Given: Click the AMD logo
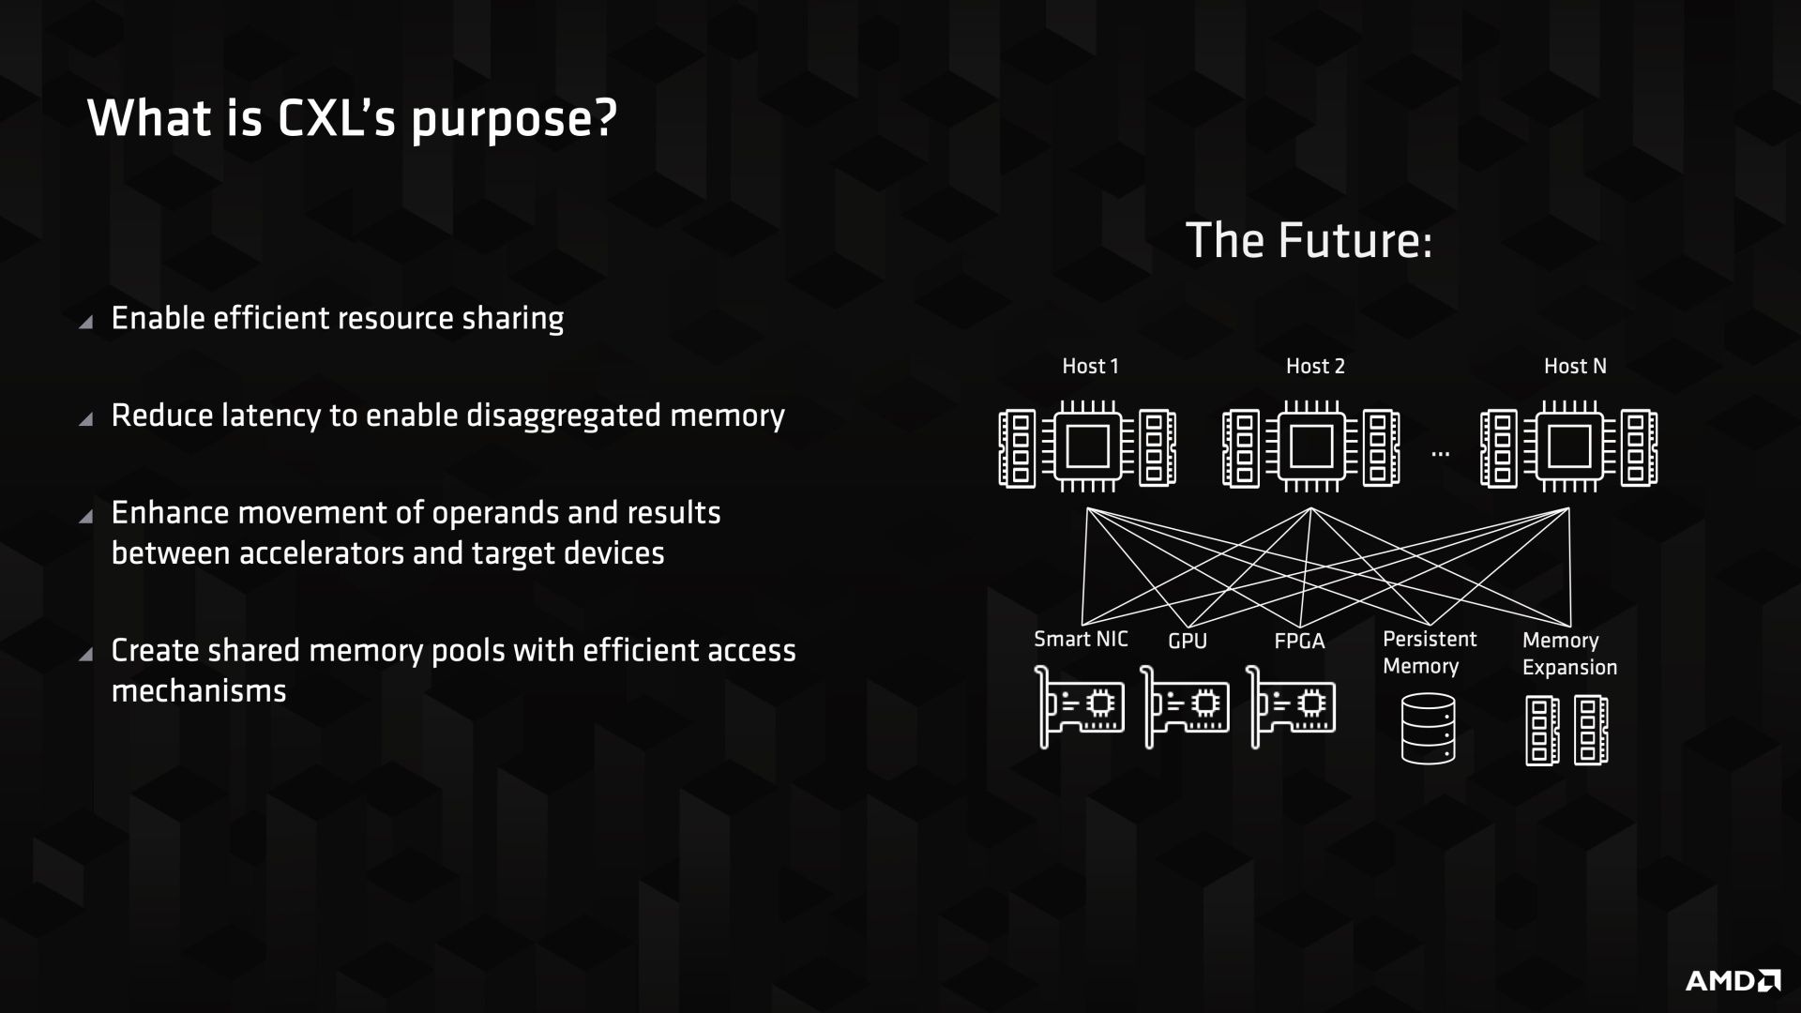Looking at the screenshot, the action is point(1733,980).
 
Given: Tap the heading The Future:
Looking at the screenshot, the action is point(1309,240).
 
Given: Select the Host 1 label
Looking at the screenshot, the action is point(1090,366).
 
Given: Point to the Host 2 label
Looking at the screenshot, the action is point(1315,366).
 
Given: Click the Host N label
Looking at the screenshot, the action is point(1575,366).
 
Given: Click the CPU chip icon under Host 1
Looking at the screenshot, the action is point(1088,446).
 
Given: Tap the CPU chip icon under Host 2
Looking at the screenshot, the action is point(1311,446).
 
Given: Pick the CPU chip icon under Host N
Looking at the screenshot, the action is point(1569,446).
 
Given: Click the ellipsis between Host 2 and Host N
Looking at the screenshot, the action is point(1441,454).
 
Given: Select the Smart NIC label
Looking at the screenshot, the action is point(1081,639).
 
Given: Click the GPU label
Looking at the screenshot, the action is point(1188,642).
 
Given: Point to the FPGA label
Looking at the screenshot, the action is point(1299,642).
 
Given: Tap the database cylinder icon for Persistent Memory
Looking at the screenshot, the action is point(1429,728).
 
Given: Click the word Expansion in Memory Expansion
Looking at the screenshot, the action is point(1570,669).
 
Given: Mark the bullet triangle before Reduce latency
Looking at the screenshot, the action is point(86,419).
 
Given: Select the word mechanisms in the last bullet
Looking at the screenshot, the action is point(199,691).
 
